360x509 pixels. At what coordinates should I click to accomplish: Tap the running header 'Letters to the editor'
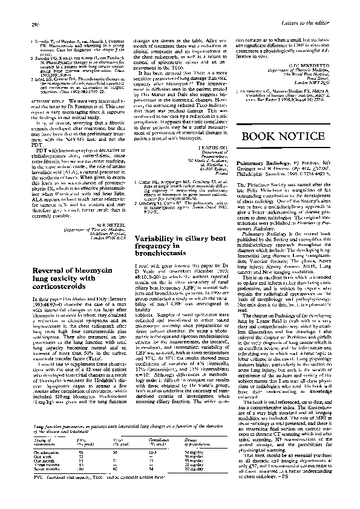click(326, 7)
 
